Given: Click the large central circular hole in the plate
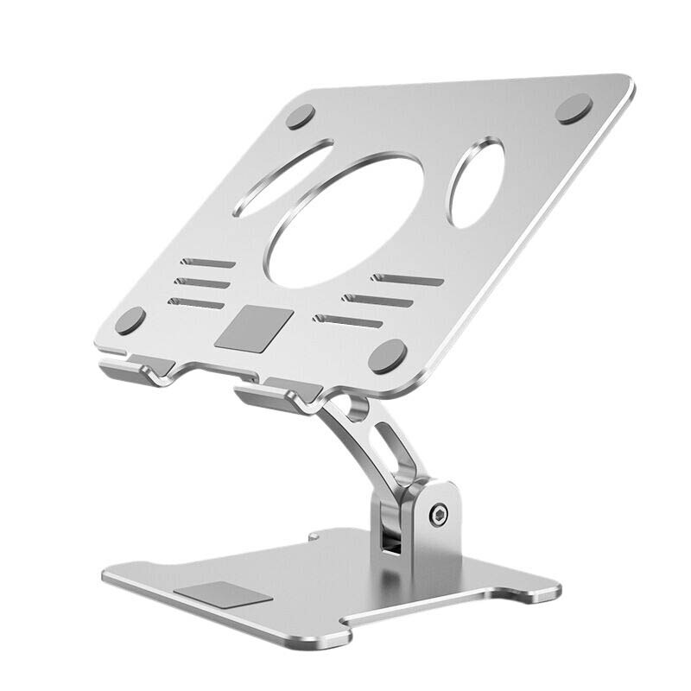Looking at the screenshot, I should pos(345,221).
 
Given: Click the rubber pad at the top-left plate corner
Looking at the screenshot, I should pos(301,116).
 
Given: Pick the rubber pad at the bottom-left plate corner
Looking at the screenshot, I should pos(131,321).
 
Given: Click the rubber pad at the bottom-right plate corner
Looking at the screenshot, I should pos(388,354).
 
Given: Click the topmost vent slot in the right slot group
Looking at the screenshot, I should pos(407,280).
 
